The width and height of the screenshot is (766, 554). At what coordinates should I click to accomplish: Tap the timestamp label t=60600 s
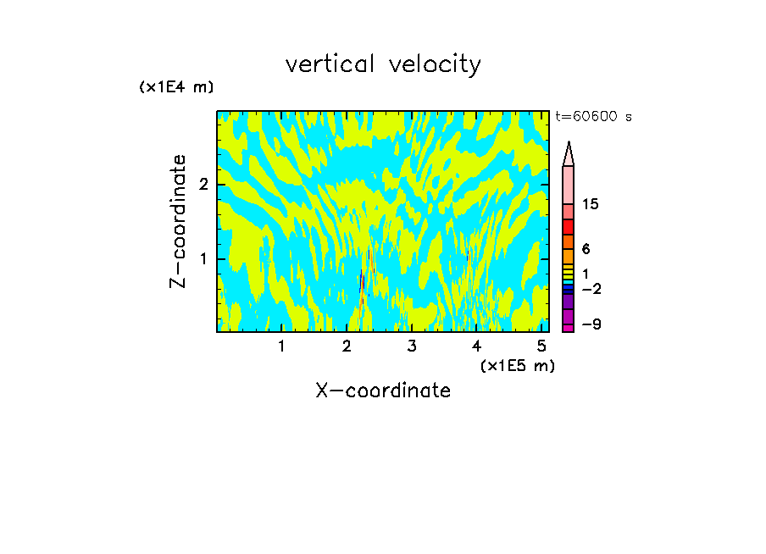593,117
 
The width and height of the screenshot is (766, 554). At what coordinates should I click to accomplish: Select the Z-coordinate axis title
178,221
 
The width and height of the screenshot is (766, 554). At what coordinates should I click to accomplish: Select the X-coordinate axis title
383,391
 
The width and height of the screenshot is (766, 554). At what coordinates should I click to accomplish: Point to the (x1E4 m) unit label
176,87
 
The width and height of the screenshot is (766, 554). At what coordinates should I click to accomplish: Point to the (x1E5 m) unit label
517,365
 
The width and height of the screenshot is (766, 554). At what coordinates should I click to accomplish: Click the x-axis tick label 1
281,346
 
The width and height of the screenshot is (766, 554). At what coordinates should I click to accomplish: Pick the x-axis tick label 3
412,346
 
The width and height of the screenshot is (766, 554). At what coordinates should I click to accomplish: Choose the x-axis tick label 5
542,346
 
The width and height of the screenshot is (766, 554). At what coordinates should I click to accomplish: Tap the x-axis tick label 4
477,346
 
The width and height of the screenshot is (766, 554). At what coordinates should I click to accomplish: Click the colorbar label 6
586,249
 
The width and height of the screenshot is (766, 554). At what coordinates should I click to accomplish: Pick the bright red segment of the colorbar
569,227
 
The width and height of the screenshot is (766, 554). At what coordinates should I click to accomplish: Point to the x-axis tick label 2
347,346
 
